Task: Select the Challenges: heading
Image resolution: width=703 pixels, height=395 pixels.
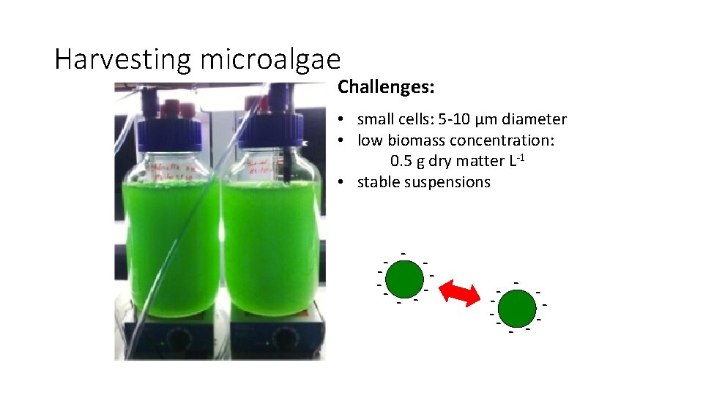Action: click(x=386, y=88)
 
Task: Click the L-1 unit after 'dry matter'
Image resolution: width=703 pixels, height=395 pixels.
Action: click(x=516, y=160)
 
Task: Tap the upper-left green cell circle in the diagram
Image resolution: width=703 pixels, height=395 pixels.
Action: click(x=404, y=279)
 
